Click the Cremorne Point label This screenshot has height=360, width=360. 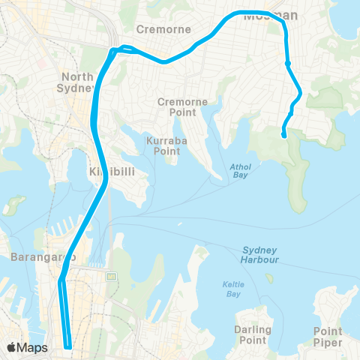[176, 106]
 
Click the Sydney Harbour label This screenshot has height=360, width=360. [260, 254]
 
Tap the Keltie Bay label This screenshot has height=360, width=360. [232, 288]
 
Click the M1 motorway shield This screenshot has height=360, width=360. [112, 277]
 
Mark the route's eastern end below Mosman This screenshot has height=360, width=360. [283, 136]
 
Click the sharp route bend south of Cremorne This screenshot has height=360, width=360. [112, 52]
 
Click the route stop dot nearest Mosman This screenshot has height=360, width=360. [288, 64]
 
